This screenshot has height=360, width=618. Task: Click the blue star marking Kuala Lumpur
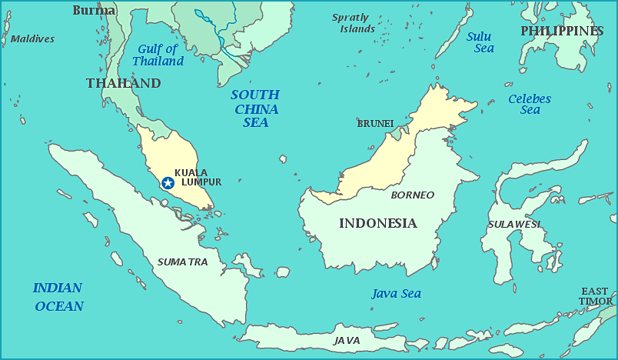click(x=168, y=182)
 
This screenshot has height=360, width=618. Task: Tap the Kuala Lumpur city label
click(x=198, y=177)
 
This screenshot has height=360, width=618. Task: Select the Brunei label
click(x=375, y=123)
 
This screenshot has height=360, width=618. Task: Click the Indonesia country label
click(x=377, y=223)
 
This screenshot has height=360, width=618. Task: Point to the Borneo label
click(x=413, y=195)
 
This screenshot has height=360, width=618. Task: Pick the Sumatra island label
click(x=182, y=262)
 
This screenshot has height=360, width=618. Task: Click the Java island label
click(x=347, y=340)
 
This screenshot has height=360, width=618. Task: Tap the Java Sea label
click(x=396, y=293)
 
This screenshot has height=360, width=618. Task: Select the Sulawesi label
click(x=513, y=224)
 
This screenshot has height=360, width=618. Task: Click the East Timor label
click(x=596, y=296)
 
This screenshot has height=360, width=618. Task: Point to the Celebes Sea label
click(x=530, y=104)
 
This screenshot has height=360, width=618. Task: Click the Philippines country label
click(x=562, y=31)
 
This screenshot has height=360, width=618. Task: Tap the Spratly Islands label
click(x=352, y=23)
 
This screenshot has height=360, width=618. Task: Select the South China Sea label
click(x=255, y=108)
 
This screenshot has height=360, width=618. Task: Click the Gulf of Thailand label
click(x=158, y=55)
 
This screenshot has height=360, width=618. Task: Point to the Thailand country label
click(x=123, y=83)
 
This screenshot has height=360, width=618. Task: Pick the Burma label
click(x=94, y=10)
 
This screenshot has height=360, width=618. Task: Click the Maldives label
click(x=32, y=38)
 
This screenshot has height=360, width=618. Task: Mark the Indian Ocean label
click(x=58, y=296)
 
